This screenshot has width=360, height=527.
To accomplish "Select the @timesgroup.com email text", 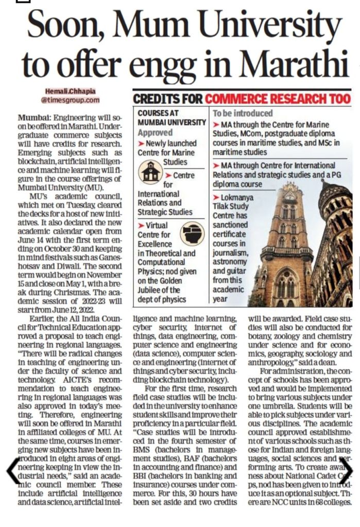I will point(71,100).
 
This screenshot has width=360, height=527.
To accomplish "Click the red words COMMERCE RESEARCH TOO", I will point(278,98).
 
